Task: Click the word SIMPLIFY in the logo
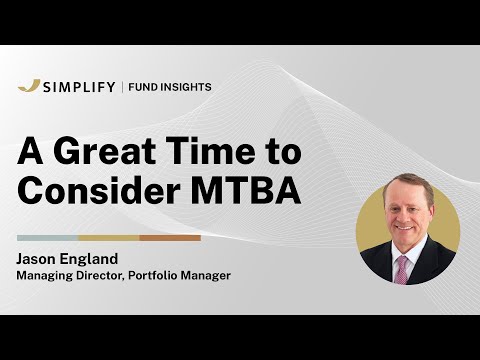tap(79, 87)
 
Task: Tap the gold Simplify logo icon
tap(28, 86)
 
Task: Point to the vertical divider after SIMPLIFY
tap(122, 87)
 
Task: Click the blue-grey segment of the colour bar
tap(47, 238)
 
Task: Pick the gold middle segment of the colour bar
tap(108, 238)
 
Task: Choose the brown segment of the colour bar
tap(170, 238)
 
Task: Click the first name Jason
tap(38, 258)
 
